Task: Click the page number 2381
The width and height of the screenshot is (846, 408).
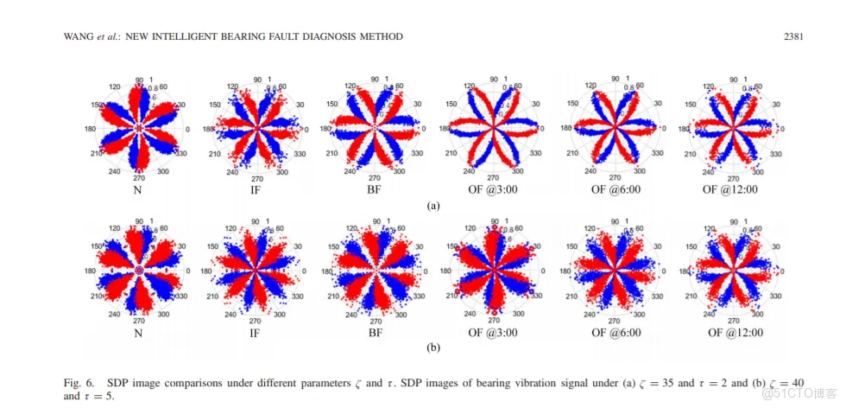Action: tap(793, 36)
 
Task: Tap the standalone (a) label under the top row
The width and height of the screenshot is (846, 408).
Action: tap(434, 207)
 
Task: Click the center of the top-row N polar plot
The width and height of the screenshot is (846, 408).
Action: tap(138, 129)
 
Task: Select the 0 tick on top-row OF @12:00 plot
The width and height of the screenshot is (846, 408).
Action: tap(780, 130)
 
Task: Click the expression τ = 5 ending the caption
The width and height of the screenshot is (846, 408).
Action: tap(96, 397)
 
